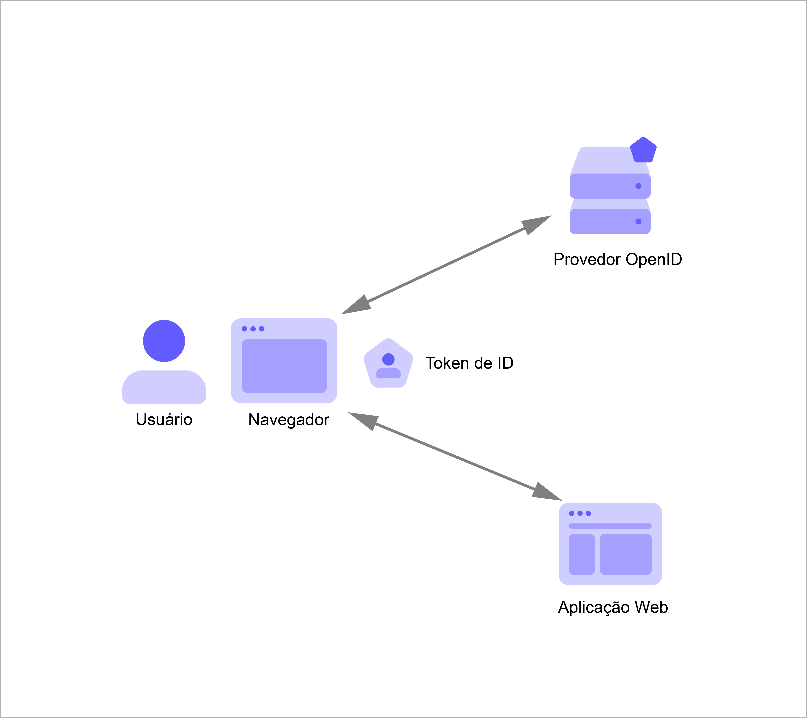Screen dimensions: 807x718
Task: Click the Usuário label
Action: coord(164,420)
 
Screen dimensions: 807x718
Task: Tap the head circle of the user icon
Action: coord(164,341)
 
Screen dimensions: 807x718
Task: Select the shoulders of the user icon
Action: coord(164,387)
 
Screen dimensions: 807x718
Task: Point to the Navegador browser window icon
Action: coord(284,360)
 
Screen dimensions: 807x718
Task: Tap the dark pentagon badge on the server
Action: coord(643,150)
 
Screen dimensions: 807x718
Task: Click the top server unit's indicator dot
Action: coord(638,186)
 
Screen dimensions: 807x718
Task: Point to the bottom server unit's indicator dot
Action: coord(638,221)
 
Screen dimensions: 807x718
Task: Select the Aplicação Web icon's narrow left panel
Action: coord(582,554)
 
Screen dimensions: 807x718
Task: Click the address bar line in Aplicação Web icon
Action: coord(610,526)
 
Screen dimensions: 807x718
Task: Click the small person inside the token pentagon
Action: coord(388,365)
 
